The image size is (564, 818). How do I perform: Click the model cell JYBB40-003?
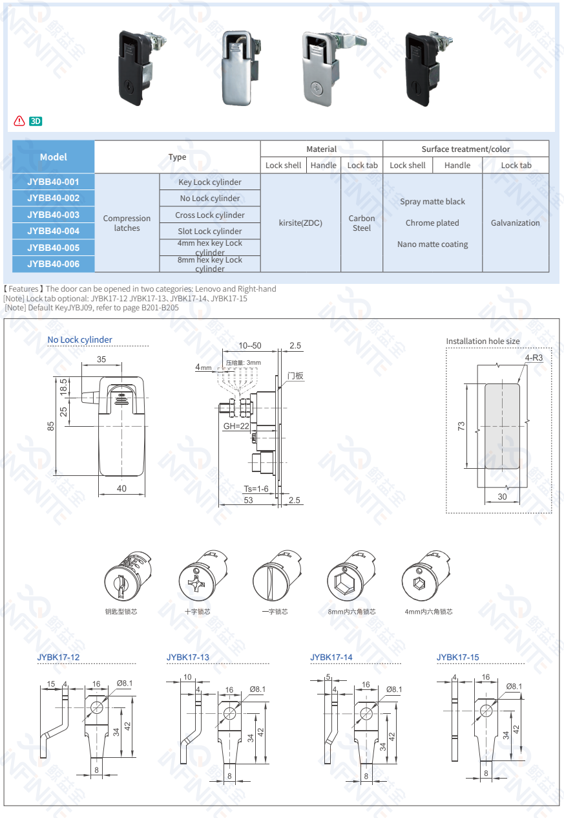pos(53,215)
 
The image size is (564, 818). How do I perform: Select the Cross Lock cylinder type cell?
pos(210,215)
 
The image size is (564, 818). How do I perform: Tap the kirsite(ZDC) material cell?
pos(300,222)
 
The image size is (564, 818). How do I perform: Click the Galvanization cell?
pos(515,222)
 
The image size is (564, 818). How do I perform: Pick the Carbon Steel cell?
pos(362,222)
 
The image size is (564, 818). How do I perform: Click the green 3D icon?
pos(36,121)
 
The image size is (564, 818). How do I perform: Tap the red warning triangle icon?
pos(19,121)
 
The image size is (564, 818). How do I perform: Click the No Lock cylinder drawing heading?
pos(79,339)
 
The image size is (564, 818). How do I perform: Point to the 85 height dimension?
pos(50,426)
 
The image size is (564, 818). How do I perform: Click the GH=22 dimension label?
pos(236,426)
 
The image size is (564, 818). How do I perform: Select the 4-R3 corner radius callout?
pos(534,358)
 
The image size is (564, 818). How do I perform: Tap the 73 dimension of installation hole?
pos(461,426)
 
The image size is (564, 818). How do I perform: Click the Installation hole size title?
pos(483,341)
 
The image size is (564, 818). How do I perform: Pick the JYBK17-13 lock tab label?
pos(187,657)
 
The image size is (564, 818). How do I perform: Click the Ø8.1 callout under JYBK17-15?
pos(514,686)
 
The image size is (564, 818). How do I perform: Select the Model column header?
pos(53,156)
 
